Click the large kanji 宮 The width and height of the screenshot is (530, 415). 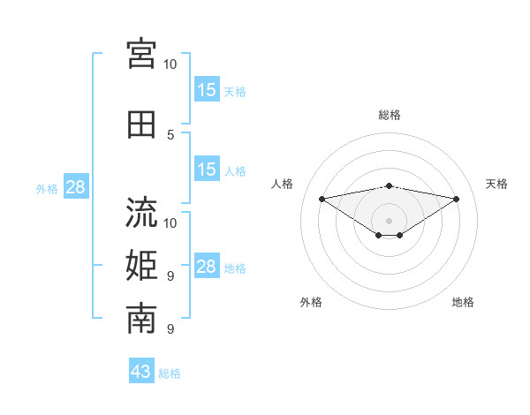pyautogui.click(x=141, y=54)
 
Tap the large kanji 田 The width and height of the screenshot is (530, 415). pyautogui.click(x=141, y=124)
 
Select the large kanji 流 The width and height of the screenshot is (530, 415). pyautogui.click(x=141, y=212)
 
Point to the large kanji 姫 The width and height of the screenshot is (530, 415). pyautogui.click(x=141, y=266)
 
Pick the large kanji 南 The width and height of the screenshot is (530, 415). pyautogui.click(x=141, y=319)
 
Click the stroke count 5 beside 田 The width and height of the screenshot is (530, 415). pyautogui.click(x=170, y=135)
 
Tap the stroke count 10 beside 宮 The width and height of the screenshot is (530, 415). pyautogui.click(x=170, y=64)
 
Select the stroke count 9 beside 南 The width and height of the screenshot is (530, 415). pyautogui.click(x=170, y=328)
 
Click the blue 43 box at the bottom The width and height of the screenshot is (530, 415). pyautogui.click(x=141, y=370)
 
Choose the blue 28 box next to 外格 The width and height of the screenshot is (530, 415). pyautogui.click(x=76, y=186)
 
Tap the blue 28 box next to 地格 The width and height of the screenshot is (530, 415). pyautogui.click(x=207, y=265)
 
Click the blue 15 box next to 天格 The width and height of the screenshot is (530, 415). pyautogui.click(x=207, y=89)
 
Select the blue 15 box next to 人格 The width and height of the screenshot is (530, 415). pyautogui.click(x=207, y=169)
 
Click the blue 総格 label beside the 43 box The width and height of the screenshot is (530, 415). pyautogui.click(x=170, y=373)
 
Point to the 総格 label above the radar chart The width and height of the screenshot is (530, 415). pyautogui.click(x=390, y=115)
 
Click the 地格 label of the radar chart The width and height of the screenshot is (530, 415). pyautogui.click(x=463, y=302)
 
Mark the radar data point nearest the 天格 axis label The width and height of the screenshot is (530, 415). pyautogui.click(x=457, y=199)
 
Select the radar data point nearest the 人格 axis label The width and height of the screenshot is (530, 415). pyautogui.click(x=322, y=199)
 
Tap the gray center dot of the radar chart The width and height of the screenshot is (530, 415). pyautogui.click(x=389, y=221)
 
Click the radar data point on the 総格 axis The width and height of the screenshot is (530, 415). pyautogui.click(x=389, y=186)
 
